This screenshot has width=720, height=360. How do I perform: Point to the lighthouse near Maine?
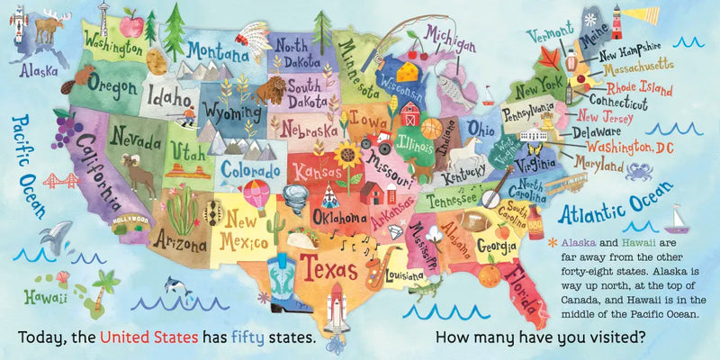click(x=617, y=19)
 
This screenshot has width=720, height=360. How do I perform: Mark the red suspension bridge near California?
click(x=60, y=179)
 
